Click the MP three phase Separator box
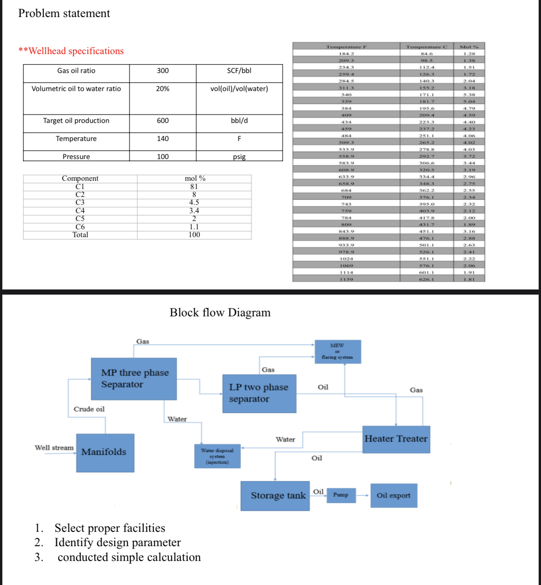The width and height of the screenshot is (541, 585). coord(134,379)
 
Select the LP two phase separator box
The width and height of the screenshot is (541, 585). coord(259,394)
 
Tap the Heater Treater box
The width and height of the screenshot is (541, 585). coord(396,439)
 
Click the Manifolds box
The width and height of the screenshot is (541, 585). coord(105,452)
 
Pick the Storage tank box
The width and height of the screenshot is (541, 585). coord(275,496)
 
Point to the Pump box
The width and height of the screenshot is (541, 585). coord(341,495)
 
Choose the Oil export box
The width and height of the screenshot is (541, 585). coord(393,495)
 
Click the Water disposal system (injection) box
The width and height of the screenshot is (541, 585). coord(217,456)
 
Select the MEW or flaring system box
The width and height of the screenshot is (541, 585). coord(338,351)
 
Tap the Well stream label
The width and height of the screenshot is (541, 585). coord(54,448)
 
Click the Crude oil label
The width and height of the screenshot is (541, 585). coord(89,409)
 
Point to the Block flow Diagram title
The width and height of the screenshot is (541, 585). coord(220,313)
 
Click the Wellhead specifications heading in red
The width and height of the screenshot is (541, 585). coord(72,51)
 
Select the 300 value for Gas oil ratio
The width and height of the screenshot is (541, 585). coord(163,71)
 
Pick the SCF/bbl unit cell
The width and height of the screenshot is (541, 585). coord(239,71)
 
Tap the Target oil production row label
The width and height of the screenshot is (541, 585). coord(76,121)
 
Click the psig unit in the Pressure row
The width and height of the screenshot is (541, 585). coord(239,157)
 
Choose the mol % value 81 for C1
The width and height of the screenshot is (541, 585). coord(194,187)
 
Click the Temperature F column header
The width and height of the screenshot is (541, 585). coord(346,47)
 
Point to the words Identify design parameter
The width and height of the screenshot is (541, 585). coord(117,542)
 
